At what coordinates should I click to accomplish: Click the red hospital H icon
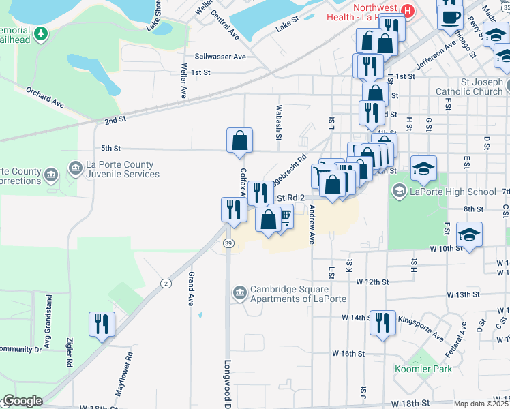click(x=408, y=10)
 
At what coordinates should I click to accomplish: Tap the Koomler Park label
click(x=413, y=369)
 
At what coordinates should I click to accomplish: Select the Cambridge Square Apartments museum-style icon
click(x=239, y=293)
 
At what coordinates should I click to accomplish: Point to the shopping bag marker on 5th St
click(x=239, y=140)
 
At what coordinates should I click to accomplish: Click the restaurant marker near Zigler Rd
click(x=102, y=324)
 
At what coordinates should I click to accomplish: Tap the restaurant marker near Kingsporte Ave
click(x=382, y=322)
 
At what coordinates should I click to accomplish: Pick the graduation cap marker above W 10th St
click(x=470, y=234)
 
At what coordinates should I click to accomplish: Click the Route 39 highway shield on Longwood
click(x=228, y=243)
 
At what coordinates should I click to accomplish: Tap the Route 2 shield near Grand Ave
click(x=165, y=283)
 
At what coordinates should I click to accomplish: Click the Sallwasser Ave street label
click(x=220, y=57)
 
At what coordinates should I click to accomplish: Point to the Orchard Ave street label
click(x=45, y=97)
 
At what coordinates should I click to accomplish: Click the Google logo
click(x=22, y=401)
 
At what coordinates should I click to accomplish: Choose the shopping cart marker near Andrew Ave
click(x=285, y=217)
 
